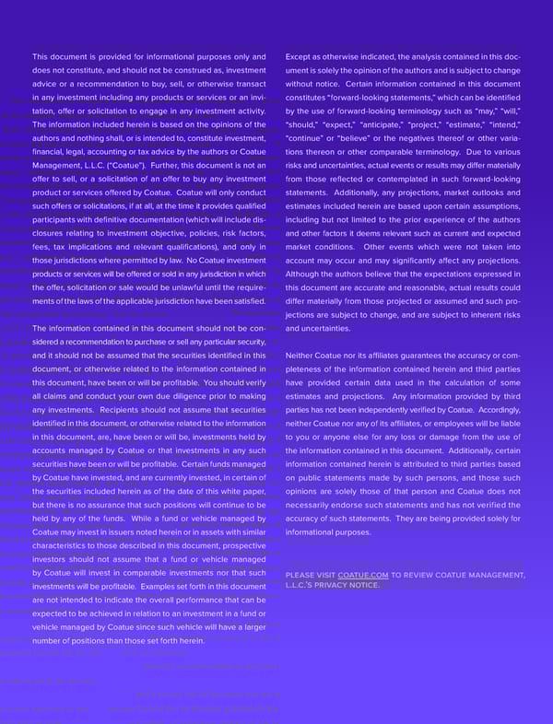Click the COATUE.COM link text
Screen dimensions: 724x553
[x=363, y=576]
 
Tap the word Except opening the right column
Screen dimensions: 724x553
[x=300, y=57]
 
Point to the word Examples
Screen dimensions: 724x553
[x=159, y=586]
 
